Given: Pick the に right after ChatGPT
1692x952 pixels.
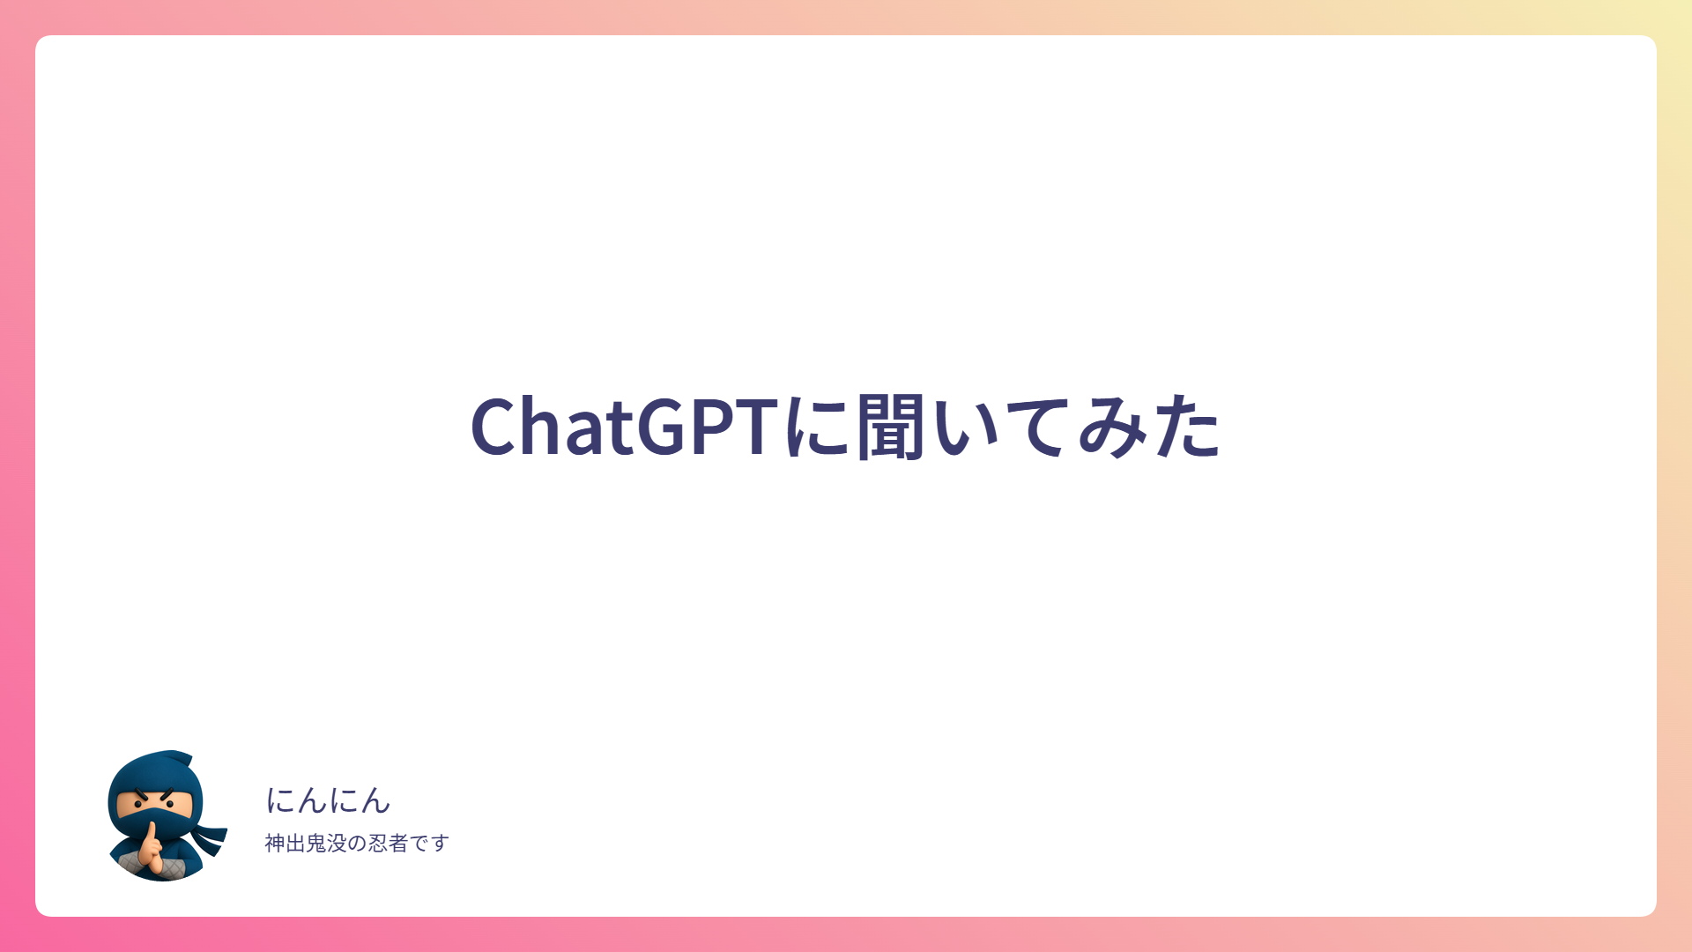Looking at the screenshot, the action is (819, 428).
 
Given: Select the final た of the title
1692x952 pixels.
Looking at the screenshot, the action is (1187, 428).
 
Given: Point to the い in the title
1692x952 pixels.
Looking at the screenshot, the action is (966, 429).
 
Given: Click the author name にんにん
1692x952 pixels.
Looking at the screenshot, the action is (328, 800).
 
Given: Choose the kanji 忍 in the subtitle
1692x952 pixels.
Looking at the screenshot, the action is (377, 844).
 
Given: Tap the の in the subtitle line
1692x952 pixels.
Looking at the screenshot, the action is (357, 844).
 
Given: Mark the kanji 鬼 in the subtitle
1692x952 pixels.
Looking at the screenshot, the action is (315, 844).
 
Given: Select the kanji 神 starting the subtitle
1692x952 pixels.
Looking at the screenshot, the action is (275, 844).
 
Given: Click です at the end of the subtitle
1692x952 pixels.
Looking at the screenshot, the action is (429, 844).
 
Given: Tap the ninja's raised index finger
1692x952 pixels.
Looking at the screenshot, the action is (152, 834).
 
